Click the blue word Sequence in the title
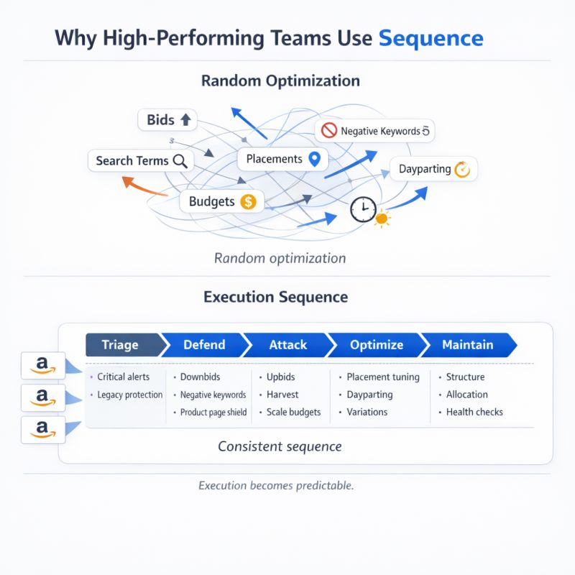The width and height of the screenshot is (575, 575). (x=431, y=37)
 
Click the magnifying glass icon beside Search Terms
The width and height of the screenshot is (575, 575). (x=180, y=161)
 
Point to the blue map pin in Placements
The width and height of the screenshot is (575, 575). (x=313, y=160)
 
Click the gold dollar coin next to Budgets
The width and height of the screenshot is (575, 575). (x=248, y=202)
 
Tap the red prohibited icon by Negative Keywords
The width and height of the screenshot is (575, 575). (x=329, y=131)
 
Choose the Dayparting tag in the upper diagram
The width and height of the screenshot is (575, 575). (x=433, y=170)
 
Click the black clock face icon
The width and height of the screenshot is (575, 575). (x=362, y=210)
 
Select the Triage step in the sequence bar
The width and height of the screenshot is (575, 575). (x=121, y=345)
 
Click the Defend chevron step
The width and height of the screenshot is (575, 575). (x=204, y=345)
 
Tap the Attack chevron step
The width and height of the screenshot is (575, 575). (x=287, y=345)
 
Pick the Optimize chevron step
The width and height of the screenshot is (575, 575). (x=376, y=345)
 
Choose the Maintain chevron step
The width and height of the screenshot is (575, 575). (x=467, y=345)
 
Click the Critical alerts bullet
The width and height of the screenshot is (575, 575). (x=123, y=377)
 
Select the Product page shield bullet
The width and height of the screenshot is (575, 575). (x=213, y=412)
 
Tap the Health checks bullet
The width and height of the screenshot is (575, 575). (x=474, y=412)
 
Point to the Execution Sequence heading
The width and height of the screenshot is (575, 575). (x=276, y=297)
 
